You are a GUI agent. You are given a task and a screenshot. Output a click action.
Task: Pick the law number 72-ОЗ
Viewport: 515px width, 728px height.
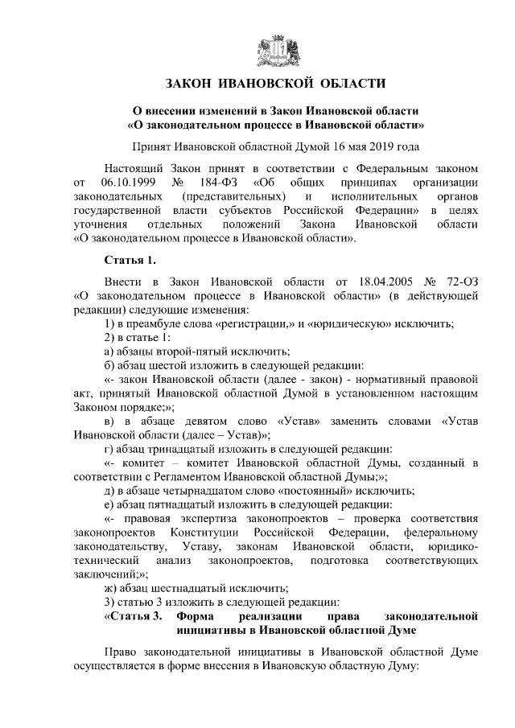pyautogui.click(x=462, y=285)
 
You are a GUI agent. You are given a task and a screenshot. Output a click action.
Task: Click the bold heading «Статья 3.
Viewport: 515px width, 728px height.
pyautogui.click(x=134, y=616)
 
